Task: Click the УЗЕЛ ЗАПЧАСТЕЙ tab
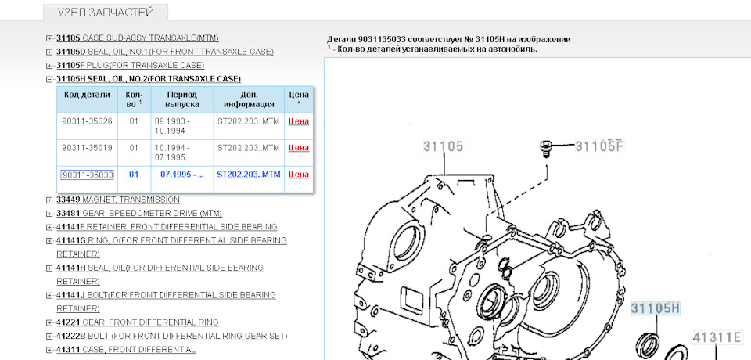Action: coord(106,13)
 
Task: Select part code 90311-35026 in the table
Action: coord(87,121)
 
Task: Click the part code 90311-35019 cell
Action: coord(87,148)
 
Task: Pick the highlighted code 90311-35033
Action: coord(87,175)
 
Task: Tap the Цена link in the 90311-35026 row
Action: coord(298,121)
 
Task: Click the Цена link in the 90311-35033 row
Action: coord(298,175)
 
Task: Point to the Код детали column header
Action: coord(87,95)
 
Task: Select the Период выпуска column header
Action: coord(182,99)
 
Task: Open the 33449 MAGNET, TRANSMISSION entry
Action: coord(118,200)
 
